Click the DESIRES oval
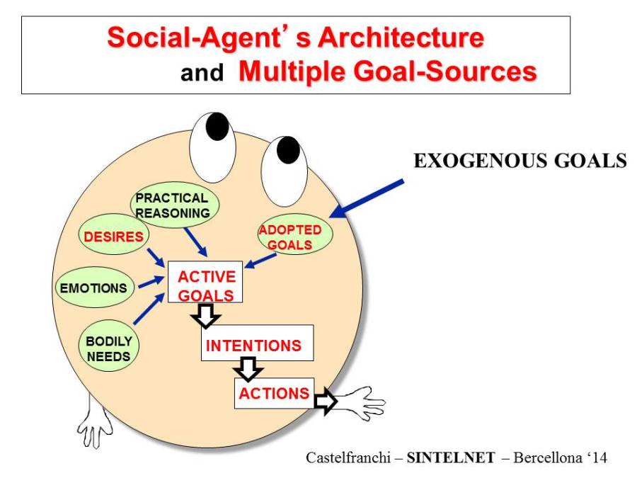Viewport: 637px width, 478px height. click(x=113, y=237)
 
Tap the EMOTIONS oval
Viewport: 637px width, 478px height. click(x=93, y=288)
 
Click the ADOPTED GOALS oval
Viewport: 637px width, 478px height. click(x=289, y=238)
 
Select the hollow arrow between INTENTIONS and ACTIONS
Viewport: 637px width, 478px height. click(x=248, y=369)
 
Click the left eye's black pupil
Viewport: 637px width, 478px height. click(x=217, y=126)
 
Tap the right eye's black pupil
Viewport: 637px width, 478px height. click(x=288, y=149)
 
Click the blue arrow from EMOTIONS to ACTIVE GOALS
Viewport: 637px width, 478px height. click(x=151, y=283)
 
